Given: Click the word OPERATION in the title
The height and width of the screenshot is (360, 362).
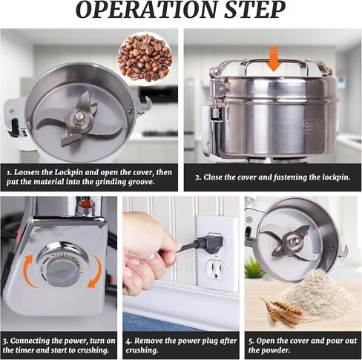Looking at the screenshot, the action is pyautogui.click(x=147, y=10).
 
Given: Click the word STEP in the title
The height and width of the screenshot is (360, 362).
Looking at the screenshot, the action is pyautogui.click(x=255, y=10).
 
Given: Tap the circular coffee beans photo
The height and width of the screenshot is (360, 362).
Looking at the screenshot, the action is pyautogui.click(x=145, y=58).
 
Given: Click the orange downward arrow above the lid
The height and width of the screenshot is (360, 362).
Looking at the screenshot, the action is pyautogui.click(x=274, y=59).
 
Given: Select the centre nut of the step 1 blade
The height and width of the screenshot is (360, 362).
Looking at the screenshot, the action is pyautogui.click(x=79, y=116).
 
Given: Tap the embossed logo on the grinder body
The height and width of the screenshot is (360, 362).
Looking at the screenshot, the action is pyautogui.click(x=311, y=125).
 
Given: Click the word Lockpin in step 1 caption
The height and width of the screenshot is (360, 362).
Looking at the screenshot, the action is pyautogui.click(x=70, y=172).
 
